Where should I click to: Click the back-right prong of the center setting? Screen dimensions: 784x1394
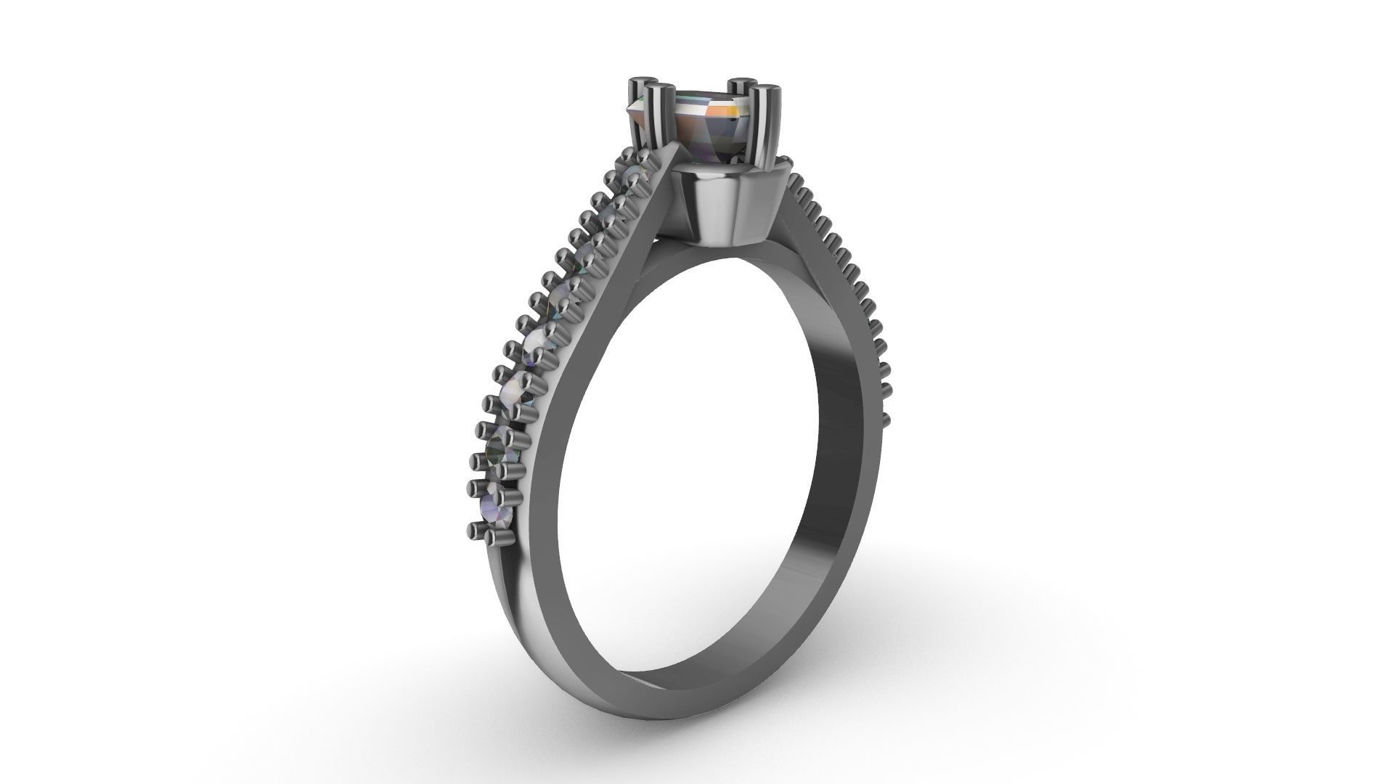click(x=741, y=91)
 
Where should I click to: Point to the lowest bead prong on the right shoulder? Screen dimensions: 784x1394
click(x=885, y=419)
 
